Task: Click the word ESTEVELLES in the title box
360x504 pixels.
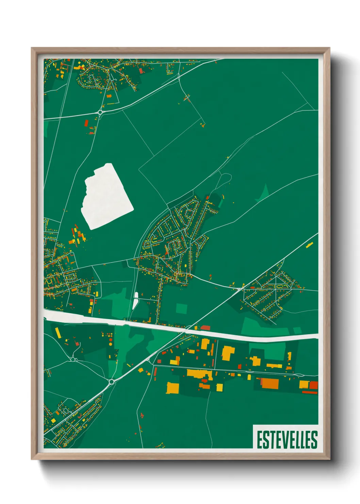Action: click(287, 440)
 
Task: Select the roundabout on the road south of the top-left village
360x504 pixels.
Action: click(100, 112)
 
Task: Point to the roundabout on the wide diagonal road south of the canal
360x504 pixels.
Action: click(111, 382)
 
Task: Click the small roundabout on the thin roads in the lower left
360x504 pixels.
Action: click(73, 359)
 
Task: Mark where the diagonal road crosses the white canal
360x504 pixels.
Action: click(185, 330)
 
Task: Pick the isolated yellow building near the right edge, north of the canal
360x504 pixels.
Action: click(309, 245)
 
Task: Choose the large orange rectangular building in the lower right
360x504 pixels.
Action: click(269, 383)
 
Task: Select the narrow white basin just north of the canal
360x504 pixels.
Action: click(135, 300)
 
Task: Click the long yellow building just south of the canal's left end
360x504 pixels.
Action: click(58, 333)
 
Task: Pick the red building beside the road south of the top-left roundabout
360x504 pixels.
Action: click(86, 123)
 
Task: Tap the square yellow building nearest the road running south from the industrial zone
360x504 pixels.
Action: click(219, 388)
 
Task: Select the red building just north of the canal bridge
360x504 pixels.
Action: click(206, 328)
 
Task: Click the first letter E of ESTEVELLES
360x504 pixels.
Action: click(259, 440)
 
